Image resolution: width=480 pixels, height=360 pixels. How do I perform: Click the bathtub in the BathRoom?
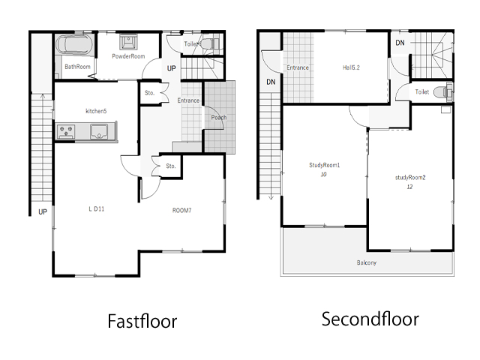pyautogui.click(x=74, y=45)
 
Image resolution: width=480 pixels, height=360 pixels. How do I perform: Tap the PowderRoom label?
pyautogui.click(x=128, y=56)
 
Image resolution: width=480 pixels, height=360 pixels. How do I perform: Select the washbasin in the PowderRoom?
pyautogui.click(x=128, y=42)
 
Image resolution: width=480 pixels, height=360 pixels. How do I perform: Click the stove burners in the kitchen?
pyautogui.click(x=66, y=132)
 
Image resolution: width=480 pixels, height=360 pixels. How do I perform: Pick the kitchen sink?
pyautogui.click(x=99, y=131)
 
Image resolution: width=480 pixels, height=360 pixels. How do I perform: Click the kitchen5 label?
pyautogui.click(x=96, y=111)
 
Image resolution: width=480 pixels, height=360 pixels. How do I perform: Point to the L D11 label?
pyautogui.click(x=97, y=209)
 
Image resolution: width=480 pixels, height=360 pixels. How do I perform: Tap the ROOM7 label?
pyautogui.click(x=181, y=210)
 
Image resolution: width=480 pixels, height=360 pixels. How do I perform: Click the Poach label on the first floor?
pyautogui.click(x=219, y=118)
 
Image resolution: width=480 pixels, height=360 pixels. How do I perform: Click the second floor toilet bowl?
pyautogui.click(x=442, y=91)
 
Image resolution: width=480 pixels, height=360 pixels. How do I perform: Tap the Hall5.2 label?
pyautogui.click(x=351, y=67)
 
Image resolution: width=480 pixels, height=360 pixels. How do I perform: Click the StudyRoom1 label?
pyautogui.click(x=325, y=165)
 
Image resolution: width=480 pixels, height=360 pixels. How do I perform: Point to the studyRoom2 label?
pyautogui.click(x=410, y=178)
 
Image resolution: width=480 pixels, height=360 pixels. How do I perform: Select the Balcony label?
pyautogui.click(x=367, y=262)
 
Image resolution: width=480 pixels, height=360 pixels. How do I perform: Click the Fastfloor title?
pyautogui.click(x=142, y=321)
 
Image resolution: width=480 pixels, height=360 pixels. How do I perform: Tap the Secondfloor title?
pyautogui.click(x=370, y=319)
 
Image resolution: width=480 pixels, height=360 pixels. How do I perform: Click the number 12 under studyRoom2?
pyautogui.click(x=409, y=187)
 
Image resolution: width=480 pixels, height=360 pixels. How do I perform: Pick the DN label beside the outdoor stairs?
pyautogui.click(x=271, y=82)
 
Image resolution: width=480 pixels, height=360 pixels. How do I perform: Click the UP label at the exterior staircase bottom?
pyautogui.click(x=43, y=211)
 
